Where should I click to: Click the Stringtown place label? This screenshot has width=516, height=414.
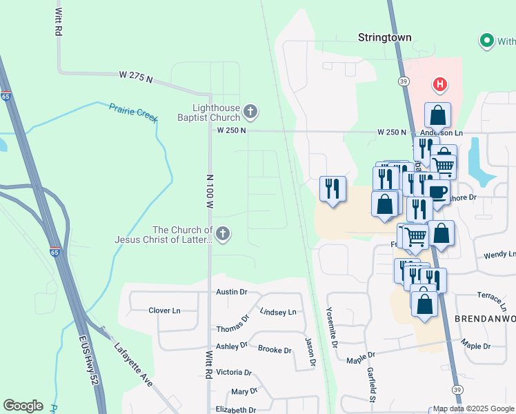(x=384, y=37)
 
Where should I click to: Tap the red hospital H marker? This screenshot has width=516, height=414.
(x=439, y=86)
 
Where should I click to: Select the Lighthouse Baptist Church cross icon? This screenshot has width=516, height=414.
(x=250, y=110)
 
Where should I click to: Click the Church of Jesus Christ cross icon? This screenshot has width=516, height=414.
(x=223, y=234)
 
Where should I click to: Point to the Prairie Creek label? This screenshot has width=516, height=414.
(x=132, y=112)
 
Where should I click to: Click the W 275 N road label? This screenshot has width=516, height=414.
(x=135, y=76)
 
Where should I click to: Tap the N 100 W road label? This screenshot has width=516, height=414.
(x=210, y=191)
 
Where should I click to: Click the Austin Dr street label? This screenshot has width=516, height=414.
(x=231, y=292)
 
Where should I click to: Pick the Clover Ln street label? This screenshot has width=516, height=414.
(x=164, y=310)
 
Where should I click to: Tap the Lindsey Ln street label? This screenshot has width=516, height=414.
(x=277, y=312)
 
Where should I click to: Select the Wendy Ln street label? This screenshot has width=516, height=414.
(x=499, y=255)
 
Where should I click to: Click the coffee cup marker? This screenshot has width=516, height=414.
(x=437, y=191)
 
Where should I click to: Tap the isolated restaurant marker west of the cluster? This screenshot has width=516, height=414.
(x=333, y=188)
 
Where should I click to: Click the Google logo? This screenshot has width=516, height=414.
(x=23, y=406)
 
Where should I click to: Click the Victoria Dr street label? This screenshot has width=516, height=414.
(x=232, y=372)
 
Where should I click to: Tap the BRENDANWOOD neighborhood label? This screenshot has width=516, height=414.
(x=485, y=318)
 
